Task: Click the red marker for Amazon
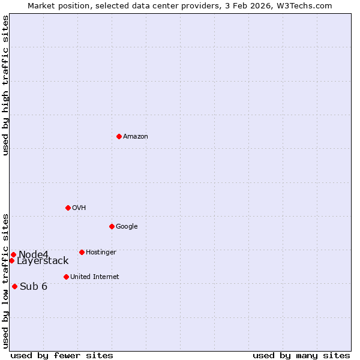[x=119, y=136]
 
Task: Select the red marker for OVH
[x=68, y=208]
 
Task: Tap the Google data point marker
[x=112, y=226]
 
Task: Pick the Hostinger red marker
[x=82, y=252]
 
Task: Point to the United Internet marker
[x=66, y=277]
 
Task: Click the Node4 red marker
[x=13, y=254]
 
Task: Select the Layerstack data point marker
[x=11, y=260]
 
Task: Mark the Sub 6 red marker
[x=14, y=286]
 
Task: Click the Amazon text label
[x=136, y=136]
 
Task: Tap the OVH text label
[x=79, y=208]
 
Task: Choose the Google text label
[x=127, y=226]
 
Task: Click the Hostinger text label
[x=101, y=252]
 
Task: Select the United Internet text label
[x=95, y=277]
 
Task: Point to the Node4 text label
[x=34, y=254]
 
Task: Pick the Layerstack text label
[x=43, y=261]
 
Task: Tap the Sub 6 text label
[x=34, y=286]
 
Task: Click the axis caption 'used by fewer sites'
[x=62, y=355]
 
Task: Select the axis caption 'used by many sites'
[x=301, y=355]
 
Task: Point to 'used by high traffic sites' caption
[x=5, y=85]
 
